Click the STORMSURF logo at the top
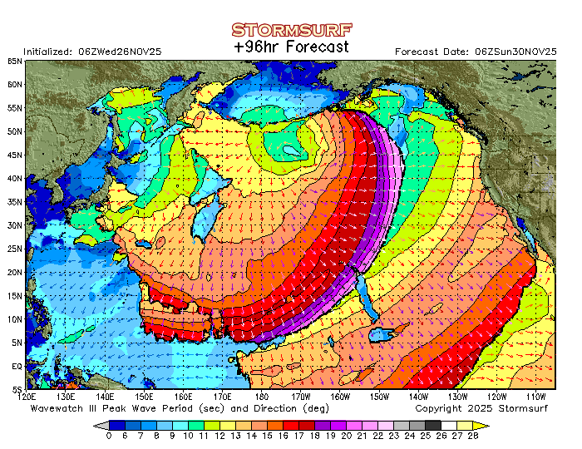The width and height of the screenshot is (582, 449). [x=291, y=30]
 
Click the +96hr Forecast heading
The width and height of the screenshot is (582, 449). [x=291, y=47]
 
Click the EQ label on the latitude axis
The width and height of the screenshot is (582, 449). [x=17, y=366]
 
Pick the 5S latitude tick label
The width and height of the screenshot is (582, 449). [x=17, y=389]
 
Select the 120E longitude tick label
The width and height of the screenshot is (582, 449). [x=28, y=397]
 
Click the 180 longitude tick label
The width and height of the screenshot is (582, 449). [x=262, y=397]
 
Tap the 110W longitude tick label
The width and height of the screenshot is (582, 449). [x=535, y=397]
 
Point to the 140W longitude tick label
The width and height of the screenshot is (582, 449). [x=418, y=397]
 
